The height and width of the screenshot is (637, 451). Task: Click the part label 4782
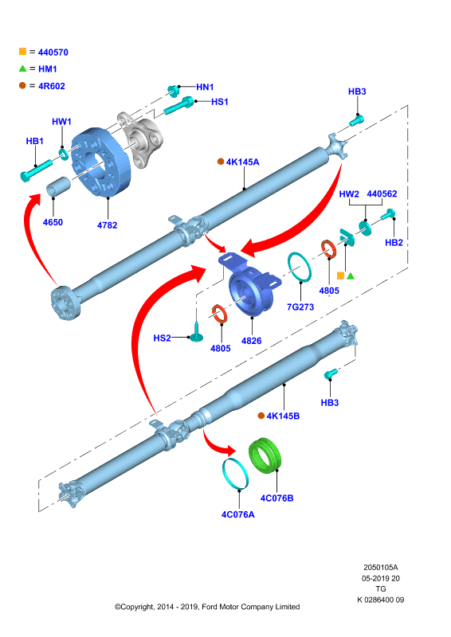[x=107, y=225]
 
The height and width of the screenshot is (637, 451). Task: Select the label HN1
[x=205, y=87]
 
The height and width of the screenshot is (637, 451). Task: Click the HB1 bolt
[x=36, y=170]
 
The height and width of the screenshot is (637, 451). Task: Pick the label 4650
[x=53, y=222]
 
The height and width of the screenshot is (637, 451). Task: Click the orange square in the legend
[x=23, y=51]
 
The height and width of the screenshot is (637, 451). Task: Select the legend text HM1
[x=48, y=69]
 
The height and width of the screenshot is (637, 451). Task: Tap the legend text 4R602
[x=52, y=86]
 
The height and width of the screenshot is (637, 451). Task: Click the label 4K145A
[x=243, y=162]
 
